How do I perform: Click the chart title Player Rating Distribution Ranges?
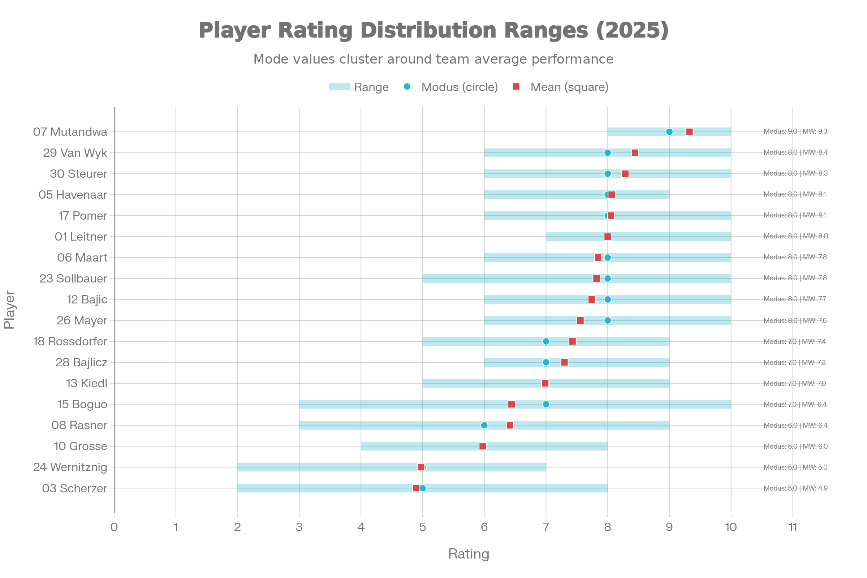tap(433, 30)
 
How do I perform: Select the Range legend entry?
tap(358, 87)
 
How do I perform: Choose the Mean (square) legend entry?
tap(560, 87)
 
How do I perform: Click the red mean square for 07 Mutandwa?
tap(689, 132)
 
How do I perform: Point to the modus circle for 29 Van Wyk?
tap(608, 152)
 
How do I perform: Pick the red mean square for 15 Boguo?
tap(512, 404)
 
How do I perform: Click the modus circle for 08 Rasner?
tap(484, 426)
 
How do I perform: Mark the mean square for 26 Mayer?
tap(580, 321)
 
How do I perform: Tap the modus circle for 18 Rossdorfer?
tap(546, 342)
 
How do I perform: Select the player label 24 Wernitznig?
tap(70, 467)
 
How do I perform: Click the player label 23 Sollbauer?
tap(73, 279)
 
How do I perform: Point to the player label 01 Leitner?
tap(81, 237)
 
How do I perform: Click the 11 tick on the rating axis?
tap(793, 527)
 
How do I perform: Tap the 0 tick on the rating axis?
tap(114, 527)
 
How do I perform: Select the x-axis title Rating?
tap(469, 554)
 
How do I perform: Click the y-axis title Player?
tap(10, 310)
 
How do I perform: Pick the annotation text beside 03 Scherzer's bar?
tap(795, 488)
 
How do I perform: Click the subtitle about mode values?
tap(433, 59)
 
